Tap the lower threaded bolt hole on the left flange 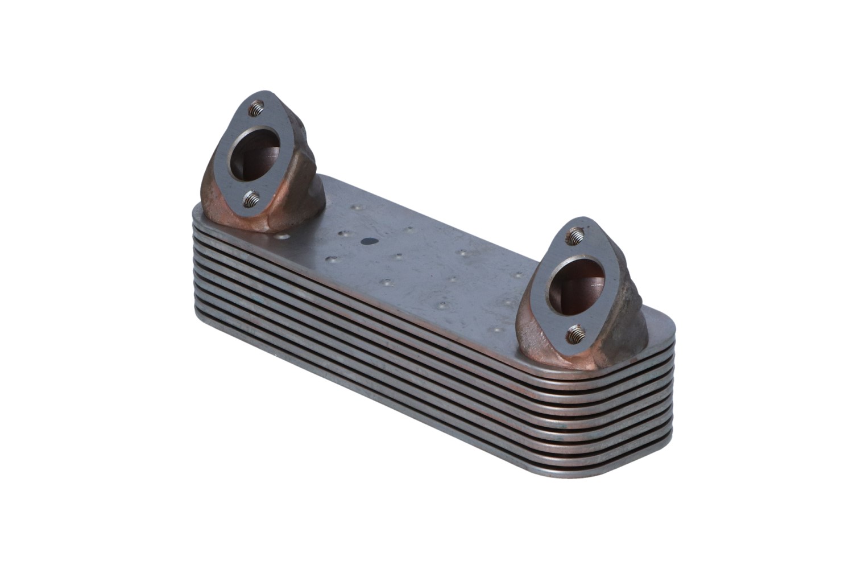[x=251, y=199]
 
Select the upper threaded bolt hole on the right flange [x=575, y=235]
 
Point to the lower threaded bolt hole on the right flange [x=576, y=333]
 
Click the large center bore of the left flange [x=255, y=152]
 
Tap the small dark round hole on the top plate [x=369, y=241]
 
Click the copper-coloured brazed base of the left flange [x=227, y=213]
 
